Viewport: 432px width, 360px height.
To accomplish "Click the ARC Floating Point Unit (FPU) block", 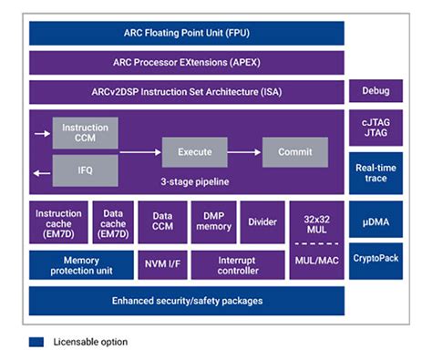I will pos(187,33).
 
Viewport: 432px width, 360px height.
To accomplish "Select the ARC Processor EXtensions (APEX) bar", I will pos(187,63).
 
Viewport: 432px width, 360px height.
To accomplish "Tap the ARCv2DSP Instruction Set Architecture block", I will pos(187,92).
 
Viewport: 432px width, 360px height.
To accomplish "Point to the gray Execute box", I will pos(194,151).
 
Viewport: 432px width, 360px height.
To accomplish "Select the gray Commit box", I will pos(295,151).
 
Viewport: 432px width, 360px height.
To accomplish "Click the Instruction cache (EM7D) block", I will pos(58,221).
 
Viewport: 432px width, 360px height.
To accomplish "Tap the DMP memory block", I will pos(212,221).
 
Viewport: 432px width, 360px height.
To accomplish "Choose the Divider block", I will pos(262,221).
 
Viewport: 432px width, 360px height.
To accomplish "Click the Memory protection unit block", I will pos(80,265).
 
